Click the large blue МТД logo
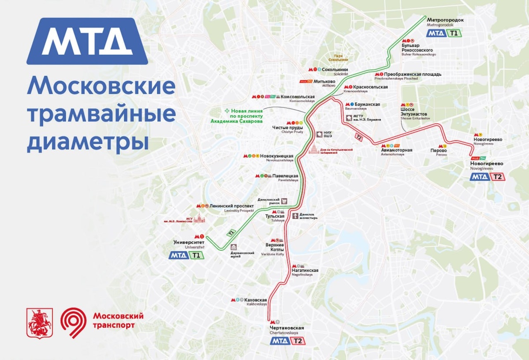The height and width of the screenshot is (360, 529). (x=87, y=41)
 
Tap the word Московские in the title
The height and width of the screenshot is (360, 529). (x=101, y=86)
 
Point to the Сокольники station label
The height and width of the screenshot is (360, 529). (x=335, y=70)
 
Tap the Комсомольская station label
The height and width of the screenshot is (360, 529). (x=298, y=97)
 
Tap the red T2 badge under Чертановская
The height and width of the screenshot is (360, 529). (x=298, y=341)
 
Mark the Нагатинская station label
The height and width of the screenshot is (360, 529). (x=305, y=270)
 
